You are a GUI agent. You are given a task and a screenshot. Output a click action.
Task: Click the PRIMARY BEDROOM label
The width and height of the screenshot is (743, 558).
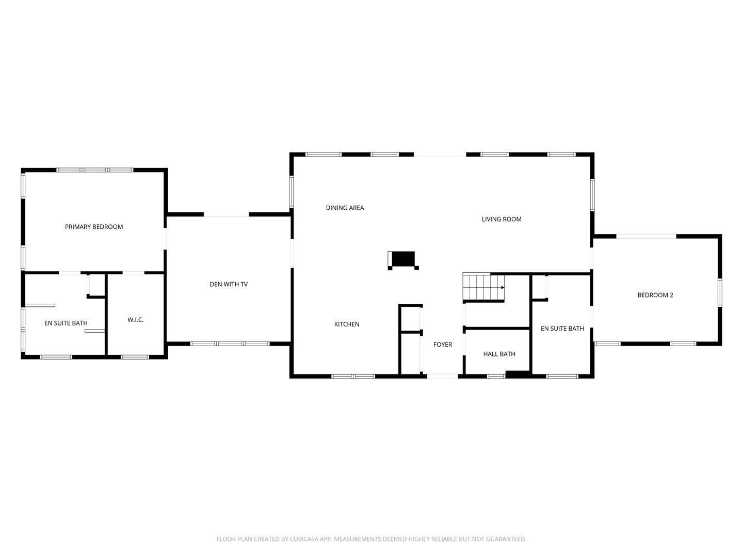click(94, 227)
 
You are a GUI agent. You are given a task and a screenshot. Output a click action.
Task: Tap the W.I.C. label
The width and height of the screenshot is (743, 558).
click(136, 320)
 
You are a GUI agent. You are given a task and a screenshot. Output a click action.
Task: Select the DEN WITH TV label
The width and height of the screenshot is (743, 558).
click(229, 284)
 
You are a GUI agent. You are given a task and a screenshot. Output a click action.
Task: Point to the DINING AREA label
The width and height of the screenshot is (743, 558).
click(345, 208)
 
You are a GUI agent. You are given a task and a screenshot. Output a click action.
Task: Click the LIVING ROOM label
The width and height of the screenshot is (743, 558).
click(502, 219)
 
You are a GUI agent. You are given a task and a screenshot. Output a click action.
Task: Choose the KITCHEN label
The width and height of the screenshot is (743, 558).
click(347, 324)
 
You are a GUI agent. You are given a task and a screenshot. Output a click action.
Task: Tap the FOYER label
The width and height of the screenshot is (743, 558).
click(443, 345)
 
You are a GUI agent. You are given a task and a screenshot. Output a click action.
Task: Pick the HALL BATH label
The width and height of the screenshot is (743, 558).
click(499, 354)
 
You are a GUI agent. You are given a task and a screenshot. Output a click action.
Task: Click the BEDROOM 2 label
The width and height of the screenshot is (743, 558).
click(655, 295)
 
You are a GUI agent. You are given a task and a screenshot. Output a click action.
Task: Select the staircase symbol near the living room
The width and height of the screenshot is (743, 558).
click(483, 287)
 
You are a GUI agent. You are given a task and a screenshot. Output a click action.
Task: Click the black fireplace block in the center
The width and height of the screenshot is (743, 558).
click(403, 259)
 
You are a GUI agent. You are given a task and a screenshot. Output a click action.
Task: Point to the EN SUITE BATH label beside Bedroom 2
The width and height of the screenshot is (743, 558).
click(562, 329)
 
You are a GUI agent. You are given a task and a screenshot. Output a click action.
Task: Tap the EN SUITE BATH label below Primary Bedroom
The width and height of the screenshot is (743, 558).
click(66, 323)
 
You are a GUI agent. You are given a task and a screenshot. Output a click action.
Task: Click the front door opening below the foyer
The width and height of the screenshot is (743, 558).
click(442, 376)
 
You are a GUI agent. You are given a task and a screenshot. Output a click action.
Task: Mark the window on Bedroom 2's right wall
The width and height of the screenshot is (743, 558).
click(720, 293)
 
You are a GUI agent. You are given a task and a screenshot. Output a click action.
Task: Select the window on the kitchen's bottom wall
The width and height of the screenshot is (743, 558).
click(353, 376)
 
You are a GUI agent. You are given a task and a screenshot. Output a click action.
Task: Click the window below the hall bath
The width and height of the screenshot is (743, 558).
click(496, 376)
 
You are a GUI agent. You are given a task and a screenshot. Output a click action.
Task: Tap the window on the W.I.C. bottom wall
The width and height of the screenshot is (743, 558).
click(135, 357)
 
